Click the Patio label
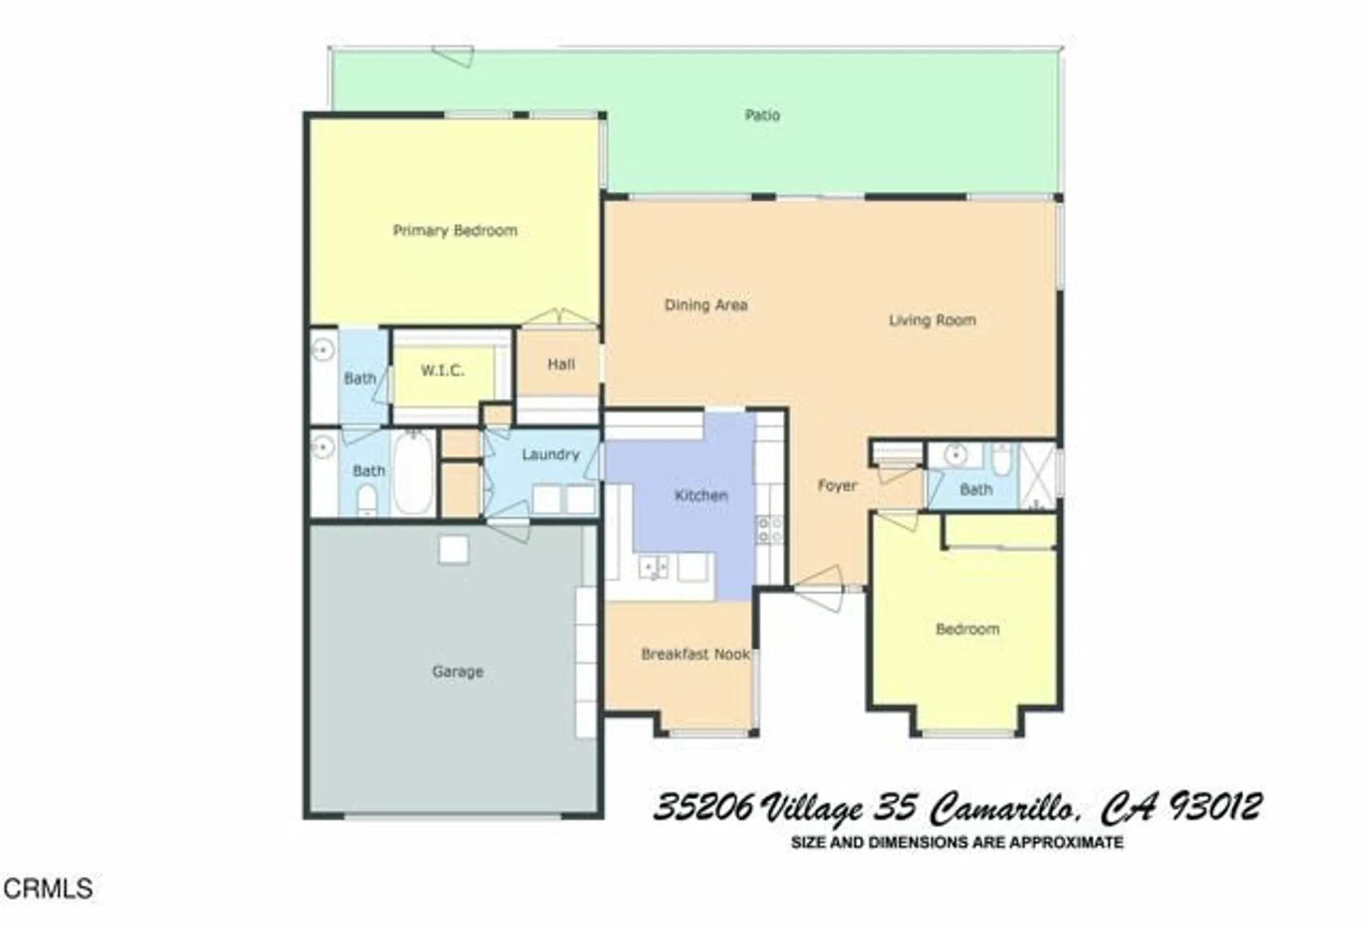click(x=762, y=115)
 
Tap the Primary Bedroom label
click(x=455, y=231)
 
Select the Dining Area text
click(x=706, y=305)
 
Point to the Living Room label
click(x=932, y=320)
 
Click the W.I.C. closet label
click(x=443, y=371)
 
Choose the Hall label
click(x=561, y=364)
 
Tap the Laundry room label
click(x=550, y=454)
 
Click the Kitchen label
click(x=701, y=495)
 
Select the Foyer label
click(x=837, y=486)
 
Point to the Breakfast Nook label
click(x=695, y=654)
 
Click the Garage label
click(x=458, y=671)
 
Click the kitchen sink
click(x=654, y=567)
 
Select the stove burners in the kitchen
click(x=770, y=530)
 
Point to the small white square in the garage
click(x=454, y=550)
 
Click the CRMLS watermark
click(x=48, y=889)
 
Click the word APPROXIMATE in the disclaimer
click(x=1066, y=843)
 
